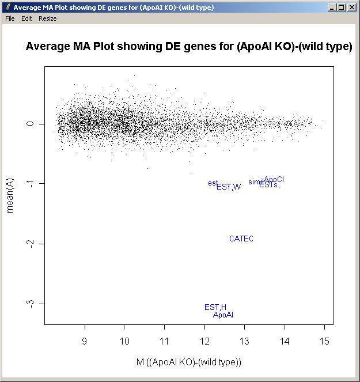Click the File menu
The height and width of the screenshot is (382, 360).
[9, 18]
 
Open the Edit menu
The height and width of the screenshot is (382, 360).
[26, 18]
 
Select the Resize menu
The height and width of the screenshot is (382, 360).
[48, 18]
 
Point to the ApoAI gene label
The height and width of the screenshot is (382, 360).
[223, 315]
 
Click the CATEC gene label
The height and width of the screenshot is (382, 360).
[241, 239]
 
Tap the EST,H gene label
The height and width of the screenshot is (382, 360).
[215, 307]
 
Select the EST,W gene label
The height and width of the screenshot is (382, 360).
[229, 186]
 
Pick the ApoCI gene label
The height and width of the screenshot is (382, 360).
[274, 179]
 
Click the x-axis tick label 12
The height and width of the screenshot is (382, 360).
[204, 341]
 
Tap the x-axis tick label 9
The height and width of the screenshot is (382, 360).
[85, 341]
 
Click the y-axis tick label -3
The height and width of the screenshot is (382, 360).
[32, 303]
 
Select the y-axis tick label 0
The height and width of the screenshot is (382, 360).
[32, 124]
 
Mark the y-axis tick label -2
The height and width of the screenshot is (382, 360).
[32, 243]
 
